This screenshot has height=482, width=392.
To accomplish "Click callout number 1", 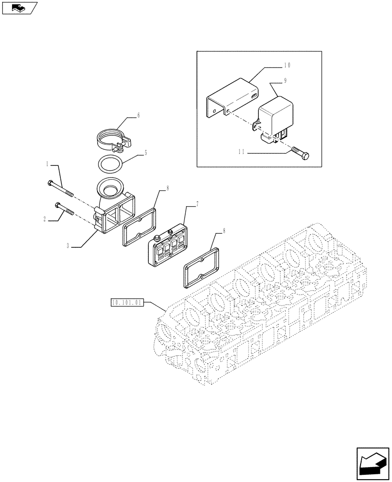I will [x=47, y=164].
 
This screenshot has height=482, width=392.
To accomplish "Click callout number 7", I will [x=196, y=205].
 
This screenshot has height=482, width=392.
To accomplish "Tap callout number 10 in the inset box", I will [x=287, y=65].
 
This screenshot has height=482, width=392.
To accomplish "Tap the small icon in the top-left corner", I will [x=19, y=8].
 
